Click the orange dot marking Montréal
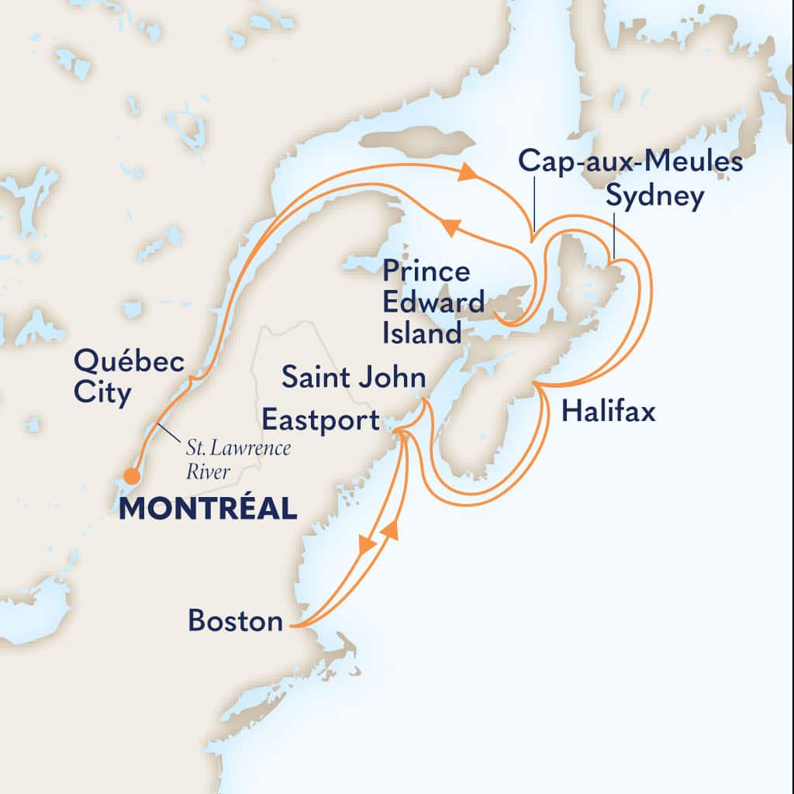(132, 475)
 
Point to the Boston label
(235, 621)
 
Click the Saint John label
(354, 378)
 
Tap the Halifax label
(609, 411)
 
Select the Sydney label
(655, 197)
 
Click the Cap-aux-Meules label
(630, 162)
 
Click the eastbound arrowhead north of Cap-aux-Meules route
(466, 172)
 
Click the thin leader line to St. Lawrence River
(170, 432)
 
